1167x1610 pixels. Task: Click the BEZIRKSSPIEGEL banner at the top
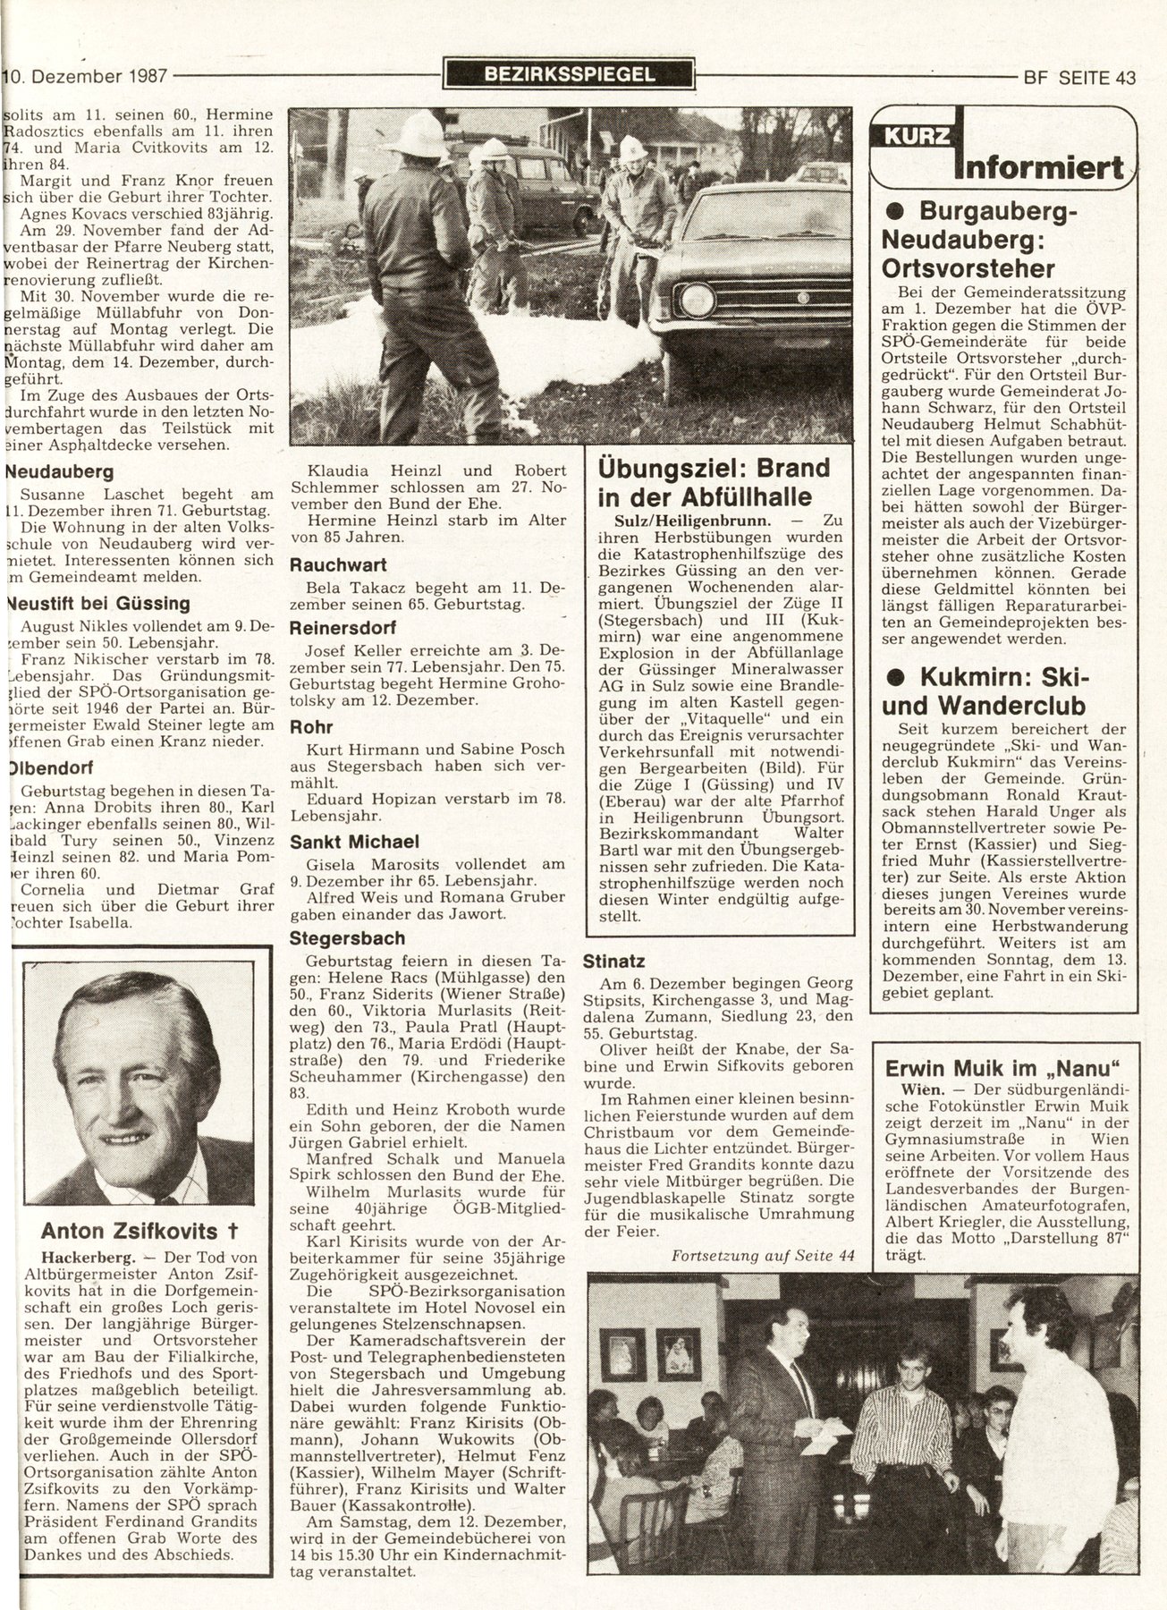tap(570, 74)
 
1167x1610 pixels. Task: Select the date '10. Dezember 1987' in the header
tap(87, 76)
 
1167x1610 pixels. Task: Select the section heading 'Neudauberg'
tap(59, 471)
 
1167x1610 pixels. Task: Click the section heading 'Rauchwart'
tap(337, 565)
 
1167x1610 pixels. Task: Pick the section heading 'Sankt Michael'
tap(354, 842)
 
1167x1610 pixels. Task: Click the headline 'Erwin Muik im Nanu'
tap(1002, 1068)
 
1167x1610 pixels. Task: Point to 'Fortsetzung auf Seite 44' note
tap(763, 1256)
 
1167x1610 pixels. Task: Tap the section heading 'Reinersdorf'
tap(342, 628)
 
